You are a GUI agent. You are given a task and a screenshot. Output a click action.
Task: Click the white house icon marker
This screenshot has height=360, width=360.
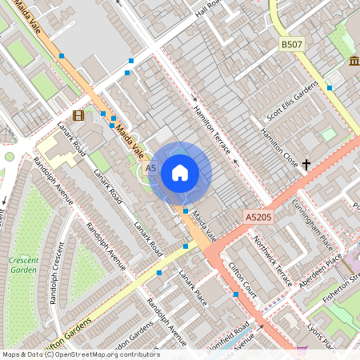(x=180, y=172)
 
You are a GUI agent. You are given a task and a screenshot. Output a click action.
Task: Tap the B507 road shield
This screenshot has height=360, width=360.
(x=292, y=45)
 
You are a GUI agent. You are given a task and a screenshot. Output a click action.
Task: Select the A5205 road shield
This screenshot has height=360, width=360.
(x=259, y=218)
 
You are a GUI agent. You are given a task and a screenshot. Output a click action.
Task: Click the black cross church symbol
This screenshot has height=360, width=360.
(x=306, y=164)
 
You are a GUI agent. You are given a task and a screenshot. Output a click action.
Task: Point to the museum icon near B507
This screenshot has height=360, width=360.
(x=354, y=62)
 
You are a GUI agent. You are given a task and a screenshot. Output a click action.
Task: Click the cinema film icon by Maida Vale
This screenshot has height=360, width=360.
(x=78, y=115)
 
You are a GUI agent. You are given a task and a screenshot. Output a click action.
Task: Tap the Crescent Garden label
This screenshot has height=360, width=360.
(x=24, y=265)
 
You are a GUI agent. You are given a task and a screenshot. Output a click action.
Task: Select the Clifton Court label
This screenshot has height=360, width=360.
(x=243, y=279)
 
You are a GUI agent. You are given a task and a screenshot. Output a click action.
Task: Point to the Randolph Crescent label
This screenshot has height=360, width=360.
(x=54, y=276)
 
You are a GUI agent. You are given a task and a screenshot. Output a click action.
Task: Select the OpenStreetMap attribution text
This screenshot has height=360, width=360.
(x=80, y=354)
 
